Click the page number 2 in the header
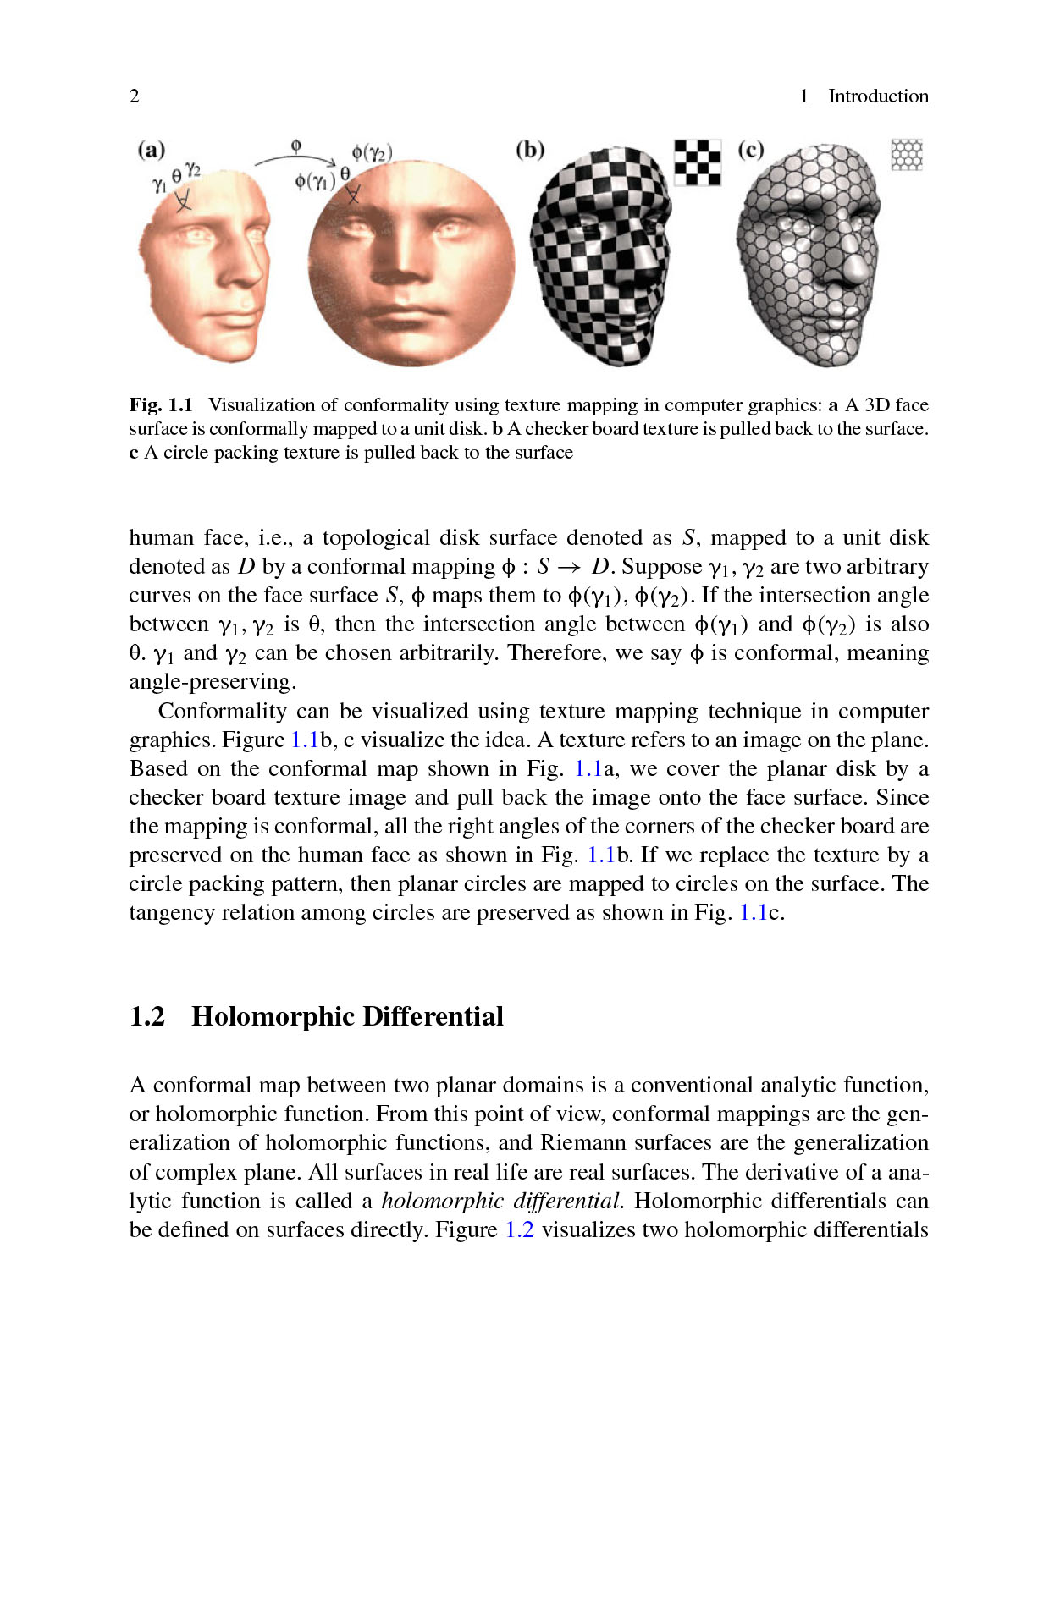134,96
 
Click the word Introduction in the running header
878,96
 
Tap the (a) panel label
151,150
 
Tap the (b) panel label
530,150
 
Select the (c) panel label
751,150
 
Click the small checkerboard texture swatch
698,162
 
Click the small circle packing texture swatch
907,155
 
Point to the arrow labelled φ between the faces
295,158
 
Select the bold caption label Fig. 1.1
161,404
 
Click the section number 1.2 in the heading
147,1016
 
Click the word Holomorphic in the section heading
271,1016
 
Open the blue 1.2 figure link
519,1229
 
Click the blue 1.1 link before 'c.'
753,912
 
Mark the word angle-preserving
212,682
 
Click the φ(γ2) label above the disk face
372,153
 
